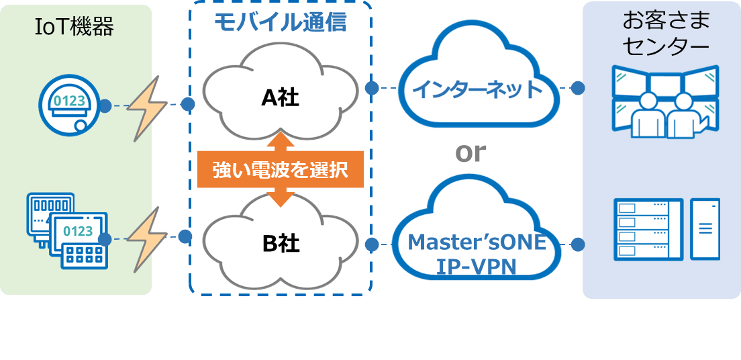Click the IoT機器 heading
[75, 28]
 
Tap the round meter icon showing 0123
[65, 104]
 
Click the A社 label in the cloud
[280, 98]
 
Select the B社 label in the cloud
[281, 243]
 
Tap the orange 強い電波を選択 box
[281, 170]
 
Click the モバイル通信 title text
[281, 22]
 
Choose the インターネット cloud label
[477, 88]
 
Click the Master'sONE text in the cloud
[477, 241]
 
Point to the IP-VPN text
[477, 267]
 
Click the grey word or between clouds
[470, 152]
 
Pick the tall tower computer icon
[705, 229]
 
